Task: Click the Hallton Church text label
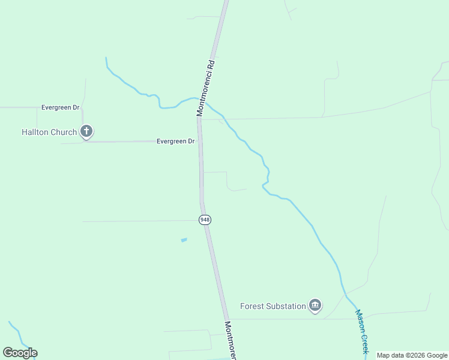pos(49,132)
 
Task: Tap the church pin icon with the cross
pos(86,131)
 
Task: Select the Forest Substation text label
pos(273,306)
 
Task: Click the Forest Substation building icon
pos(315,306)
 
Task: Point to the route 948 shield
pos(205,220)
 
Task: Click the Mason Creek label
pos(361,331)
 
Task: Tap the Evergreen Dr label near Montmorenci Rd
pos(175,142)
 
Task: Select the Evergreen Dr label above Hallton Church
pos(60,107)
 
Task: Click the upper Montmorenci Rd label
pos(205,87)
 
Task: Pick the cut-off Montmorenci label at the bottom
pos(231,340)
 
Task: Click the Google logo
pos(20,353)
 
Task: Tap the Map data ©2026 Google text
pos(412,355)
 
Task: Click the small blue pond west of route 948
pos(184,240)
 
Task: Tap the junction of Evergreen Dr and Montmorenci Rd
pos(199,142)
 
